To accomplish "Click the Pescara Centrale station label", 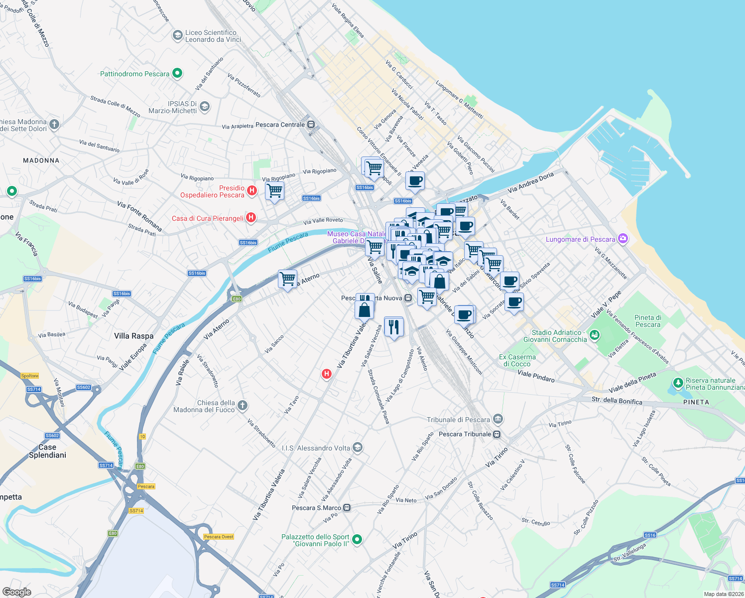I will [280, 125].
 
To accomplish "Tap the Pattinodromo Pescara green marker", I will [177, 74].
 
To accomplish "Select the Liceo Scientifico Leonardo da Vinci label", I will [213, 36].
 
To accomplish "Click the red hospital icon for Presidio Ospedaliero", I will [252, 190].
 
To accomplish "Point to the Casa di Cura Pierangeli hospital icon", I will [251, 217].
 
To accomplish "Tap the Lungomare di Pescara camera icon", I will [622, 239].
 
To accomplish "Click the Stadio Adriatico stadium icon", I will [594, 335].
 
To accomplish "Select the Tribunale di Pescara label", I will [458, 420].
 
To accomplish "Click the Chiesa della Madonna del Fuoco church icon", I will [242, 405].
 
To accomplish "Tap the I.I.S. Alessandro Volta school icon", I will [357, 448].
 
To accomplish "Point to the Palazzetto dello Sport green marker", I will [357, 539].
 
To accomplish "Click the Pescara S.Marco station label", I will [316, 508].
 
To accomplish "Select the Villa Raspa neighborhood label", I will [133, 336].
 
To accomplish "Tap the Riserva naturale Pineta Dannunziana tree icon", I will [677, 383].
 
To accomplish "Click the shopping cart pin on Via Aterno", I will [287, 279].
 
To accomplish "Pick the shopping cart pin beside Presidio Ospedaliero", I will [275, 190].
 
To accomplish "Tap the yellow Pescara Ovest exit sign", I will [219, 537].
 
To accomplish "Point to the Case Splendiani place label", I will [47, 451].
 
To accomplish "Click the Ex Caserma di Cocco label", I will [517, 360].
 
